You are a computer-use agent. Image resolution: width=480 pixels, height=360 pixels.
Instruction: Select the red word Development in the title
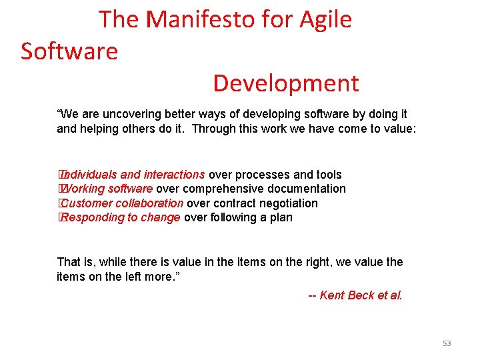(x=286, y=83)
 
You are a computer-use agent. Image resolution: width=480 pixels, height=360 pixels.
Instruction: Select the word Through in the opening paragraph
(x=212, y=128)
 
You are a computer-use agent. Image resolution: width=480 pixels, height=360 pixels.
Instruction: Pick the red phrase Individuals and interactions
(x=133, y=175)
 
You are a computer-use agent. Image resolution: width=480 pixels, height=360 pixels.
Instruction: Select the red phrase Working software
(x=107, y=189)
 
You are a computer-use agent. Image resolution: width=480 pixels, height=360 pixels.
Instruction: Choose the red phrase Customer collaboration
(x=122, y=203)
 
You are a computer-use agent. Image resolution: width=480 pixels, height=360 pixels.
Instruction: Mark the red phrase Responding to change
(x=121, y=217)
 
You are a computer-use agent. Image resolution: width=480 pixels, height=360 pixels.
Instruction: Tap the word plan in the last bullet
(x=281, y=217)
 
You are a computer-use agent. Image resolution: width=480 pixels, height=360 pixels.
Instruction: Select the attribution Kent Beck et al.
(x=361, y=295)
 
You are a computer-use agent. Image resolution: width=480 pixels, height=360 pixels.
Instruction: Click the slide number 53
(x=447, y=343)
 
